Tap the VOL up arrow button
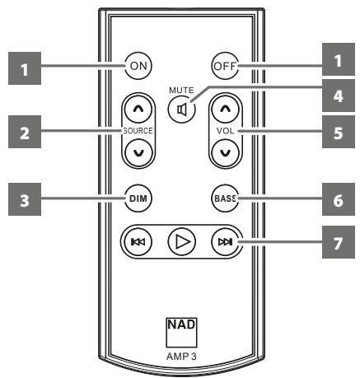[222, 109]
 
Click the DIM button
[138, 198]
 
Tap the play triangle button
[180, 242]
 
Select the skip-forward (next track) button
[222, 242]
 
